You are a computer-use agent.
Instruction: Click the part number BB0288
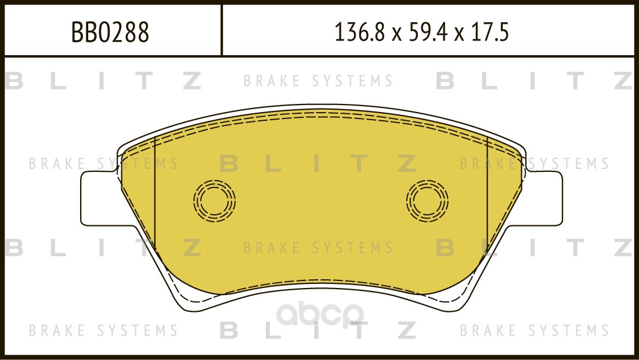tap(110, 33)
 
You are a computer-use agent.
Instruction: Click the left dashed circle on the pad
tap(214, 201)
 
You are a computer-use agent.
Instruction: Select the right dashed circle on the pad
tap(428, 201)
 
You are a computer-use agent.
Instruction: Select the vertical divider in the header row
tap(222, 31)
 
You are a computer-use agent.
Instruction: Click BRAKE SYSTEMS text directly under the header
tap(318, 81)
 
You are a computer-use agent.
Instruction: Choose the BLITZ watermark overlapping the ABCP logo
tap(317, 331)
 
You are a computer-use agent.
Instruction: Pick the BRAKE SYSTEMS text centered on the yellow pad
tap(318, 249)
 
